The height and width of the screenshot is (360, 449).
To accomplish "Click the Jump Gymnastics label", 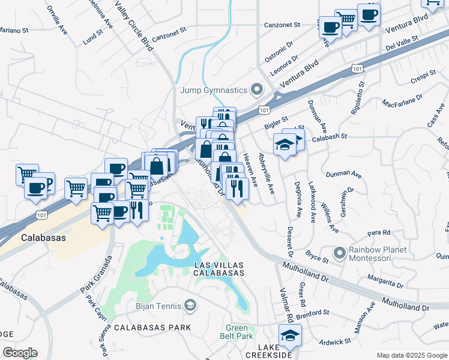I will [214, 90].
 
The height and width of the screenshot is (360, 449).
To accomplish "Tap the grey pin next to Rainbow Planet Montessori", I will [340, 253].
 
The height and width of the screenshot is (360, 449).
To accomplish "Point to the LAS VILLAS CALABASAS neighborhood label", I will [219, 268].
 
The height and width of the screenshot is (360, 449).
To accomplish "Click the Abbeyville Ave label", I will [266, 173].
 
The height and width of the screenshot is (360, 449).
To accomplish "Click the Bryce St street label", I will [316, 257].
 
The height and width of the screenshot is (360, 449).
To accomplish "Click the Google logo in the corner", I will [20, 353].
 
